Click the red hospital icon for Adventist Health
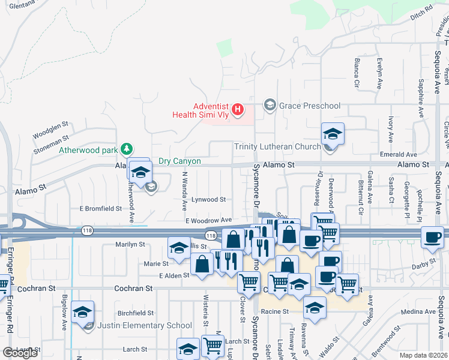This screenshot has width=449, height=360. coord(238,109)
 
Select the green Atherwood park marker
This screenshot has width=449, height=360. coord(126,149)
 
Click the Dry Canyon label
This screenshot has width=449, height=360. coord(179,161)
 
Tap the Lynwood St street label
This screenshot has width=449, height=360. coord(208,199)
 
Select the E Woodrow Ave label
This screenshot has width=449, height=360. coord(208,221)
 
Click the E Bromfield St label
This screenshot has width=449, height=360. coord(101,209)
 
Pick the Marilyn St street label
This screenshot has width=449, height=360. coord(130,244)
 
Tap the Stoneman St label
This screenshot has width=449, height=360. coord(52,140)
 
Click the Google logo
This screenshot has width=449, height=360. coord(20,353)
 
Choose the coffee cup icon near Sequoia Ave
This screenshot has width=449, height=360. coord(433,236)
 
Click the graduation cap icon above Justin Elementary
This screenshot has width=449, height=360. coord(83,311)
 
